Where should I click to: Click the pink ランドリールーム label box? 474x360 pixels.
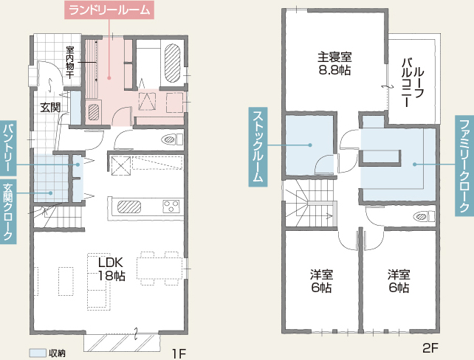pos(109,10)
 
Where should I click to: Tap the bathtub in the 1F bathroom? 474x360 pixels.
pos(172,63)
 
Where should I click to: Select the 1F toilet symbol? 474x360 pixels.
pos(172,139)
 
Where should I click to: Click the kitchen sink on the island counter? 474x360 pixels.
pos(129,207)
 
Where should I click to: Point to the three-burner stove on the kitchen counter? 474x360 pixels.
pos(171,207)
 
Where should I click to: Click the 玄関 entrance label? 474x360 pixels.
pos(50,107)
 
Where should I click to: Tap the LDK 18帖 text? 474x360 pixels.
pos(111,269)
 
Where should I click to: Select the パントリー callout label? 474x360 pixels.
pos(8,148)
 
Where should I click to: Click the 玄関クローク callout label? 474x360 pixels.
pos(8,211)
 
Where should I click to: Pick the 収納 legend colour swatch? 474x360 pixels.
pos(37,353)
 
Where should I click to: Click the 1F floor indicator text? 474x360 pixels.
pos(179,353)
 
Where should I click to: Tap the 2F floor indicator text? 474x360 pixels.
pos(430,348)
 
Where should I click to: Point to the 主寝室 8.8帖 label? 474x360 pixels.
pos(334,63)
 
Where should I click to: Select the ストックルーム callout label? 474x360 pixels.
pos(258,147)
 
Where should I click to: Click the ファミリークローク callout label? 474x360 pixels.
pos(464,165)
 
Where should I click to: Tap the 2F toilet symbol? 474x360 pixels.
pos(424,216)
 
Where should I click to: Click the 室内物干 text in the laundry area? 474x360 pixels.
pos(70,62)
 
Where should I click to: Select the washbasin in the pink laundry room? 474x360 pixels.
pos(94,112)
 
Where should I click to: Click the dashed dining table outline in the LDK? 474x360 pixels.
pos(159,269)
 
